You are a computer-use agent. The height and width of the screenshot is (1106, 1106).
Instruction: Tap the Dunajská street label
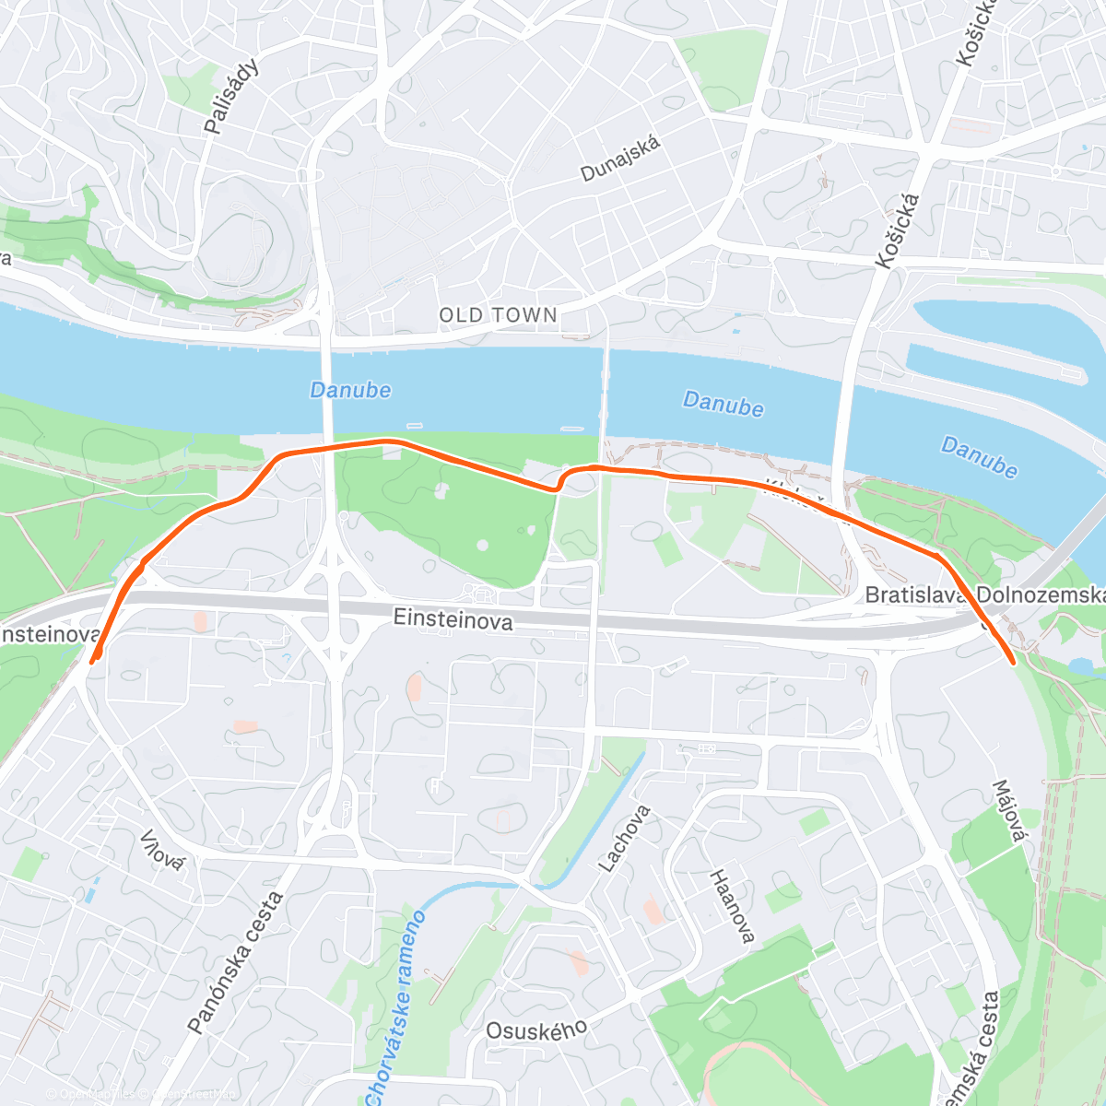tap(620, 159)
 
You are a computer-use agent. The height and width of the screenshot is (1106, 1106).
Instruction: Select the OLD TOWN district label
tap(498, 315)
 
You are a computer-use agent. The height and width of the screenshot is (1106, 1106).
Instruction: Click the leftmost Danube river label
tap(350, 390)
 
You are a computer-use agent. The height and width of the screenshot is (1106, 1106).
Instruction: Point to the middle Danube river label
tap(723, 404)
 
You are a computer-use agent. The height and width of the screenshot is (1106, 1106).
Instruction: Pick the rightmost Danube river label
tap(979, 458)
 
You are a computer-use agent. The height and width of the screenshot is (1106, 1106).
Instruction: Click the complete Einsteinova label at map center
tap(453, 618)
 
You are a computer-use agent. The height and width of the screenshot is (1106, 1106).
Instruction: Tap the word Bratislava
tap(916, 596)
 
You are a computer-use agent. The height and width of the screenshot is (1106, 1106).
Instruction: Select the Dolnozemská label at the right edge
tap(1040, 596)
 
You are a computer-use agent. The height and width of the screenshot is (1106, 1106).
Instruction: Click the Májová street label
tap(1008, 811)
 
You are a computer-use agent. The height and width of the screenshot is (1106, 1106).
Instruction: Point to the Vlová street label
tap(162, 848)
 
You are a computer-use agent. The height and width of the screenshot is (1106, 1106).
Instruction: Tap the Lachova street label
tap(625, 839)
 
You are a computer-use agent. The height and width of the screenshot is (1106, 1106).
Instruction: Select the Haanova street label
tap(732, 906)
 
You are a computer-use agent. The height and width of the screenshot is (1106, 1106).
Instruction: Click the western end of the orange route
tap(92, 660)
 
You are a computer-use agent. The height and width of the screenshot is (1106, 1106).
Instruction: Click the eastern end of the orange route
tap(1013, 661)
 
